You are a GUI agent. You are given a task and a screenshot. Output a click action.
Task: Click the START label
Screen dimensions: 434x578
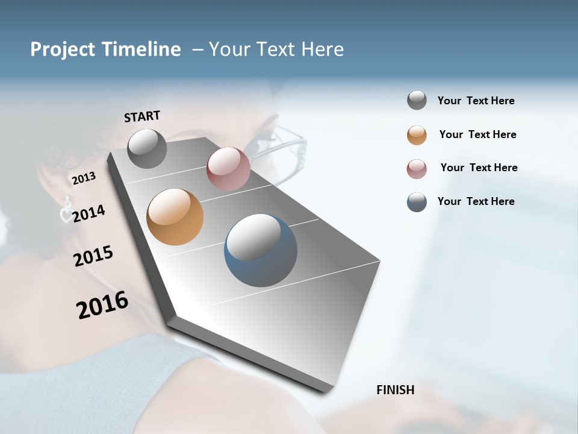pos(142,116)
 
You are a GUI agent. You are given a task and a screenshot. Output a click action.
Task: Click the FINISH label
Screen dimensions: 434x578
pos(396,390)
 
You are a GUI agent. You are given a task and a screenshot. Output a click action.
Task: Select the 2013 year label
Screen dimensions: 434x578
pos(84,178)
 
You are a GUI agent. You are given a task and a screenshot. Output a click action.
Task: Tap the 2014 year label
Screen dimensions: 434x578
pos(89,213)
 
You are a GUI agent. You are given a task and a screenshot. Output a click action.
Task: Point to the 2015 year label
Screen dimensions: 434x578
pos(93,256)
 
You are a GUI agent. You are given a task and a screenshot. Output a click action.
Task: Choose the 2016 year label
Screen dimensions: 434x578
pos(102,304)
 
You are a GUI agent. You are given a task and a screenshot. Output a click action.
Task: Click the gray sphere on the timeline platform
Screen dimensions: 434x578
pos(148,148)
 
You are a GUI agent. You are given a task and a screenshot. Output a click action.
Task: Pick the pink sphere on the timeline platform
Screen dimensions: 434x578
pos(228,168)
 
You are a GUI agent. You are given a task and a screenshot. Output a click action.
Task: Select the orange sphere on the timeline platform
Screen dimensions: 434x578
pos(175,217)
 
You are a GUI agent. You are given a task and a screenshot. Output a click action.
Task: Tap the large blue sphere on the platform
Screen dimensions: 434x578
pos(261,250)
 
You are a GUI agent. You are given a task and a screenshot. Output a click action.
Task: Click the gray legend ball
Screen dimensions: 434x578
pos(417,101)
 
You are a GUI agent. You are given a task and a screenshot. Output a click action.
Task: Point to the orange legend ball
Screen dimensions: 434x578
pos(417,135)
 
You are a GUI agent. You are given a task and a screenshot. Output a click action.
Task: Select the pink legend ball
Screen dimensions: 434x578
pos(417,169)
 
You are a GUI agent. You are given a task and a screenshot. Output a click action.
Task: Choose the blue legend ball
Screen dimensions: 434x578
pos(417,202)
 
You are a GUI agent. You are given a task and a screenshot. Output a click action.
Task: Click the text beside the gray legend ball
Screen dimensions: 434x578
pos(476,101)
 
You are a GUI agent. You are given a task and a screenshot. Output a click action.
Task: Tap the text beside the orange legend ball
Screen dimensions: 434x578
pos(478,134)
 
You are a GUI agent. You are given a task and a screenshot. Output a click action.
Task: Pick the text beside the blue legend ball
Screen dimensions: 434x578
pos(476,201)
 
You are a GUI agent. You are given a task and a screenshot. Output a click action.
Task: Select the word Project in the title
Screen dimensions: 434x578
pos(60,49)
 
